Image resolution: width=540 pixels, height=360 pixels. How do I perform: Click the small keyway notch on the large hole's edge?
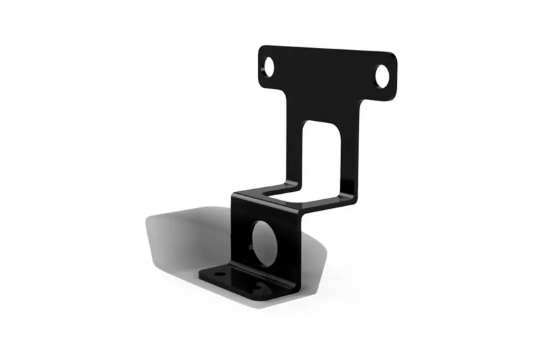pyautogui.click(x=254, y=250)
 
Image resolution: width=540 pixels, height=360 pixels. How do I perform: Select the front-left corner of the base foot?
pyautogui.click(x=202, y=276)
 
